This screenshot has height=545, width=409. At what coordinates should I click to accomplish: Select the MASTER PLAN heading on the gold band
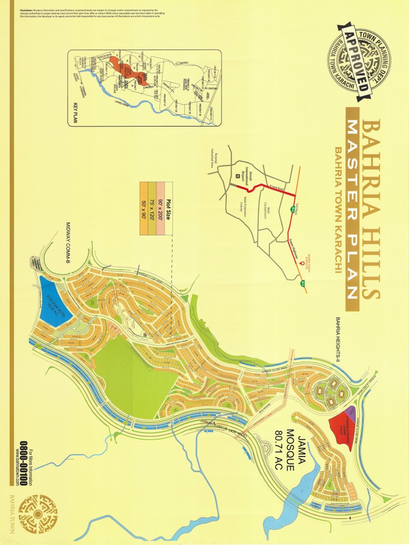(351, 208)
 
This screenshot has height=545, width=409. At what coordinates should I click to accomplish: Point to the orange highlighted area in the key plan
(128, 72)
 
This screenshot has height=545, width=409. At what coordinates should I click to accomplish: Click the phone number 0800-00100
(23, 463)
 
